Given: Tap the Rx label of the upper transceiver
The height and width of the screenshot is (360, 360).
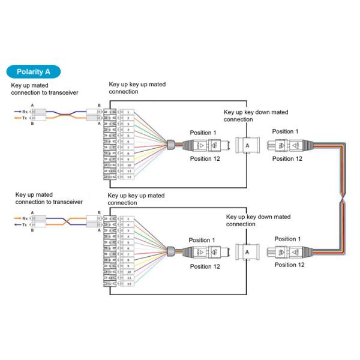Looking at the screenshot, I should (24, 111).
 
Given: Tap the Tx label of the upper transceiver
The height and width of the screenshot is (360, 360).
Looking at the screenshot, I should (24, 118).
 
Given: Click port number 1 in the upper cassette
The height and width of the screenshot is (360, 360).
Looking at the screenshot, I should (127, 112).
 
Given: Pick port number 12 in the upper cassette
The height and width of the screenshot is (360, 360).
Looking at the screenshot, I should (127, 176).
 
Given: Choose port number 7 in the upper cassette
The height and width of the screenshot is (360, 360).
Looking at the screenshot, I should (127, 147).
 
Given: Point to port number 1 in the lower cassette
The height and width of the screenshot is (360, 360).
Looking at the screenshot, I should (127, 219).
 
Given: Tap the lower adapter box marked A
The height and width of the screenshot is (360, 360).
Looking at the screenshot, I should (246, 253).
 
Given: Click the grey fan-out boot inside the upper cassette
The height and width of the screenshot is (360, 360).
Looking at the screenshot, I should (170, 144).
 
